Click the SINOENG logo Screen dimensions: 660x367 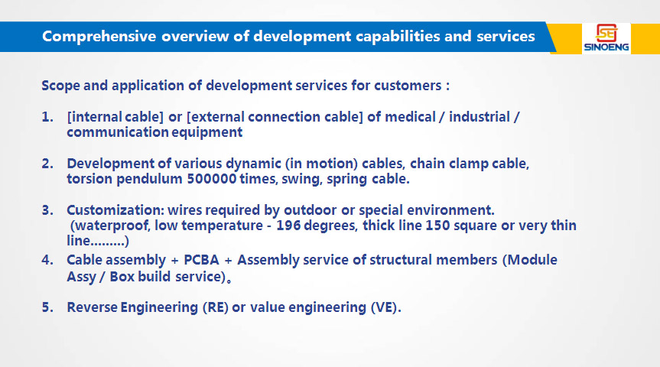(606, 38)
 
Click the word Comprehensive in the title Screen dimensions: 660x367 (99, 37)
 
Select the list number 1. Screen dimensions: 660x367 (47, 117)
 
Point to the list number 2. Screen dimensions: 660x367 (47, 164)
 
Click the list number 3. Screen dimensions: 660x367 (47, 210)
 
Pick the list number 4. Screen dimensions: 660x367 (47, 260)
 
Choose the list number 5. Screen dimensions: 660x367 (47, 307)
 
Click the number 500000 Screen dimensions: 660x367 (211, 179)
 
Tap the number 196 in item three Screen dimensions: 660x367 (288, 226)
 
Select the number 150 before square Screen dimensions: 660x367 (437, 226)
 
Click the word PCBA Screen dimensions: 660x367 (202, 260)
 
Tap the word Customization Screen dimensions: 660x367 (115, 210)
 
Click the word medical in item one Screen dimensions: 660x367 (411, 117)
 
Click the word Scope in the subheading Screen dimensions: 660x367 (60, 86)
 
